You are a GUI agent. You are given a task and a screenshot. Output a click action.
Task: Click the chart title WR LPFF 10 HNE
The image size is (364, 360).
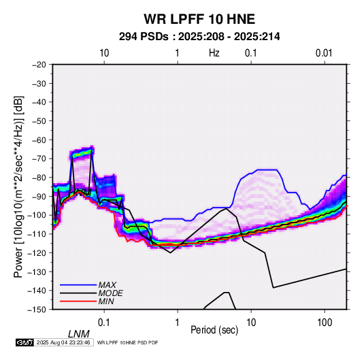click(x=199, y=19)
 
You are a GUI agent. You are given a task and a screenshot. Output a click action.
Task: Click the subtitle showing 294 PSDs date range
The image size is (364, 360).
click(x=199, y=37)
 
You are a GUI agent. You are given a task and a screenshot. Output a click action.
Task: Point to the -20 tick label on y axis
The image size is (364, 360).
click(x=39, y=65)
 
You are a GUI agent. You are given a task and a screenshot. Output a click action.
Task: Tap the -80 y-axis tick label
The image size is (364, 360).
click(x=39, y=178)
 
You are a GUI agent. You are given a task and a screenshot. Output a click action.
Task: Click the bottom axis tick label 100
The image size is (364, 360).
click(x=325, y=323)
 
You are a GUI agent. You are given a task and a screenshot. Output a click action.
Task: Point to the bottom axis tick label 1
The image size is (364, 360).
click(x=178, y=323)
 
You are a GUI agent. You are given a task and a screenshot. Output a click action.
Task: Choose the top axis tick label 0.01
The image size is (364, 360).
click(x=324, y=53)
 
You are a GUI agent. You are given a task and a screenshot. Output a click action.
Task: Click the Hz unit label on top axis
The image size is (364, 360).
click(x=214, y=53)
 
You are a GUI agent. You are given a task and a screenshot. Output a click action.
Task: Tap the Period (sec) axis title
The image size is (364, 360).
click(x=214, y=330)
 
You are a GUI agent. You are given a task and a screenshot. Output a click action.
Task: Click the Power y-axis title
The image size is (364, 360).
click(x=18, y=186)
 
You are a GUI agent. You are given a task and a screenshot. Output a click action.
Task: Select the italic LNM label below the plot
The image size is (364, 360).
click(x=79, y=334)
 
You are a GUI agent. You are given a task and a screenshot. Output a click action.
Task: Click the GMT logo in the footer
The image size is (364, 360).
click(x=24, y=342)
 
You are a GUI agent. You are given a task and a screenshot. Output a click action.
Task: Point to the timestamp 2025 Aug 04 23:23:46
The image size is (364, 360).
click(x=63, y=342)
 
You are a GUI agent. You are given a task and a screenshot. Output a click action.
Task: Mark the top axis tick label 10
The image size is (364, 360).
click(x=104, y=53)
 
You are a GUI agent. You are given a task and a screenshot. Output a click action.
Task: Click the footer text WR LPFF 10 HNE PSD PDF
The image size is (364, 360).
click(x=127, y=342)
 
